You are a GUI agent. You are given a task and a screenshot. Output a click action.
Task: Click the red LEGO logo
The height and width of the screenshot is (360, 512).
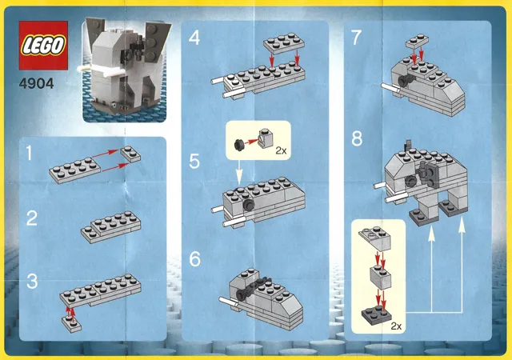click(43, 46)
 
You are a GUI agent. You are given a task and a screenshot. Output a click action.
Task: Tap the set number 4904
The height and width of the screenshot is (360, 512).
click(37, 84)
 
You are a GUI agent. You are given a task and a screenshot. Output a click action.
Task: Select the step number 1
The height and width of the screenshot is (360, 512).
click(30, 154)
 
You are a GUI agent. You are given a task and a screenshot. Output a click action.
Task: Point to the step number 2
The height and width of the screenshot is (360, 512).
click(32, 218)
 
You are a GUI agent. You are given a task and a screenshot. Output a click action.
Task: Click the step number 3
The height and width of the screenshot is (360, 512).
click(32, 282)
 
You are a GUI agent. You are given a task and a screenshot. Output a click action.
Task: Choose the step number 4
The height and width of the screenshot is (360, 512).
click(194, 38)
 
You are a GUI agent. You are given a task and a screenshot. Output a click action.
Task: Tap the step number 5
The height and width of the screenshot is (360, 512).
click(194, 162)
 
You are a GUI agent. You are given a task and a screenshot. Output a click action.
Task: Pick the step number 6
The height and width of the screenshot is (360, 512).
click(194, 258)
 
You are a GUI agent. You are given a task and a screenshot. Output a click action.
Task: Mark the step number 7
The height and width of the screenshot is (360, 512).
click(356, 38)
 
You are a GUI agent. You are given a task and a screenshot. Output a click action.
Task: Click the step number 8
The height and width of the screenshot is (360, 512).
click(357, 138)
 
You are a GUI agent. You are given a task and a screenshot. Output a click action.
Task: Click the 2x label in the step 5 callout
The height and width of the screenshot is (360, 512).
click(281, 150)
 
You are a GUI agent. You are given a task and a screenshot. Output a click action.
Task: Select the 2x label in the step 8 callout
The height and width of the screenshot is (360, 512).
click(396, 326)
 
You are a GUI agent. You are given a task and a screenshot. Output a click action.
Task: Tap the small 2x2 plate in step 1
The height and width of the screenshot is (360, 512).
click(130, 154)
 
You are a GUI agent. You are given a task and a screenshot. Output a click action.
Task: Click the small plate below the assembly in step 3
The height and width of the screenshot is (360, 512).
click(72, 324)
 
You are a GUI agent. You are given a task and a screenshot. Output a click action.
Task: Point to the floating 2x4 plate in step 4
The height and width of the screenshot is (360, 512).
click(284, 42)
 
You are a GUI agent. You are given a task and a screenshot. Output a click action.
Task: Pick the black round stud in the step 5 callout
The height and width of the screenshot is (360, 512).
click(239, 145)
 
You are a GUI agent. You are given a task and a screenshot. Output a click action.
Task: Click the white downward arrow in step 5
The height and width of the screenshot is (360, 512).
click(239, 172)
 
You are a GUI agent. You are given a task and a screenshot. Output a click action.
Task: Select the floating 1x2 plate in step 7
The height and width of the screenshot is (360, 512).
click(418, 41)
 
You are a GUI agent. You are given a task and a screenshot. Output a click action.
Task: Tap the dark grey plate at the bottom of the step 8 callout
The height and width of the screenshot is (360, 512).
click(376, 314)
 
